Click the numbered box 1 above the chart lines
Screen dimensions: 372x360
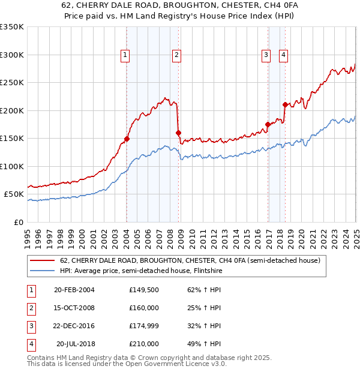point(125,55)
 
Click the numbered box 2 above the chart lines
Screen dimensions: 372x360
point(177,55)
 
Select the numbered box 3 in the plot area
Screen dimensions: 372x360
point(266,55)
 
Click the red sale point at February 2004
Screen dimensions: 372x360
point(127,139)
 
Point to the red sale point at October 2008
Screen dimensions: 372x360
point(178,133)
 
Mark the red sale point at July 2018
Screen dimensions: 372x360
point(285,105)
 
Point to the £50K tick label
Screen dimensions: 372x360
point(14,194)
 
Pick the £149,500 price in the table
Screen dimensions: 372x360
point(144,290)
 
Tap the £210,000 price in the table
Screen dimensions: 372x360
point(144,344)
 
